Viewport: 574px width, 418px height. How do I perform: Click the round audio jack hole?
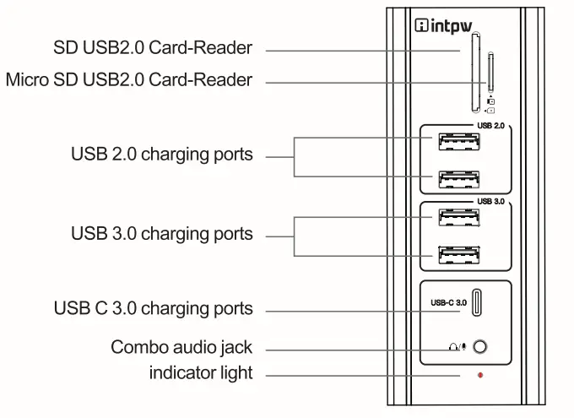click(481, 347)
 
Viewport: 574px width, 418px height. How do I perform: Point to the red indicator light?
click(480, 373)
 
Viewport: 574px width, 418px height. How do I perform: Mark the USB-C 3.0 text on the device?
click(450, 302)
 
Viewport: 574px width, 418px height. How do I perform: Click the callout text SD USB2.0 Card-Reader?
click(152, 48)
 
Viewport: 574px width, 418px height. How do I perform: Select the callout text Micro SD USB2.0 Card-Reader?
click(128, 80)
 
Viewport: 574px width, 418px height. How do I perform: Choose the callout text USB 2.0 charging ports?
click(161, 155)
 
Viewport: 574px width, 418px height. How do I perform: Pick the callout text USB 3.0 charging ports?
click(161, 233)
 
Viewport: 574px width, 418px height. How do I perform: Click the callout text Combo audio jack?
click(181, 347)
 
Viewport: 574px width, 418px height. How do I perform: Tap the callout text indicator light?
click(201, 372)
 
